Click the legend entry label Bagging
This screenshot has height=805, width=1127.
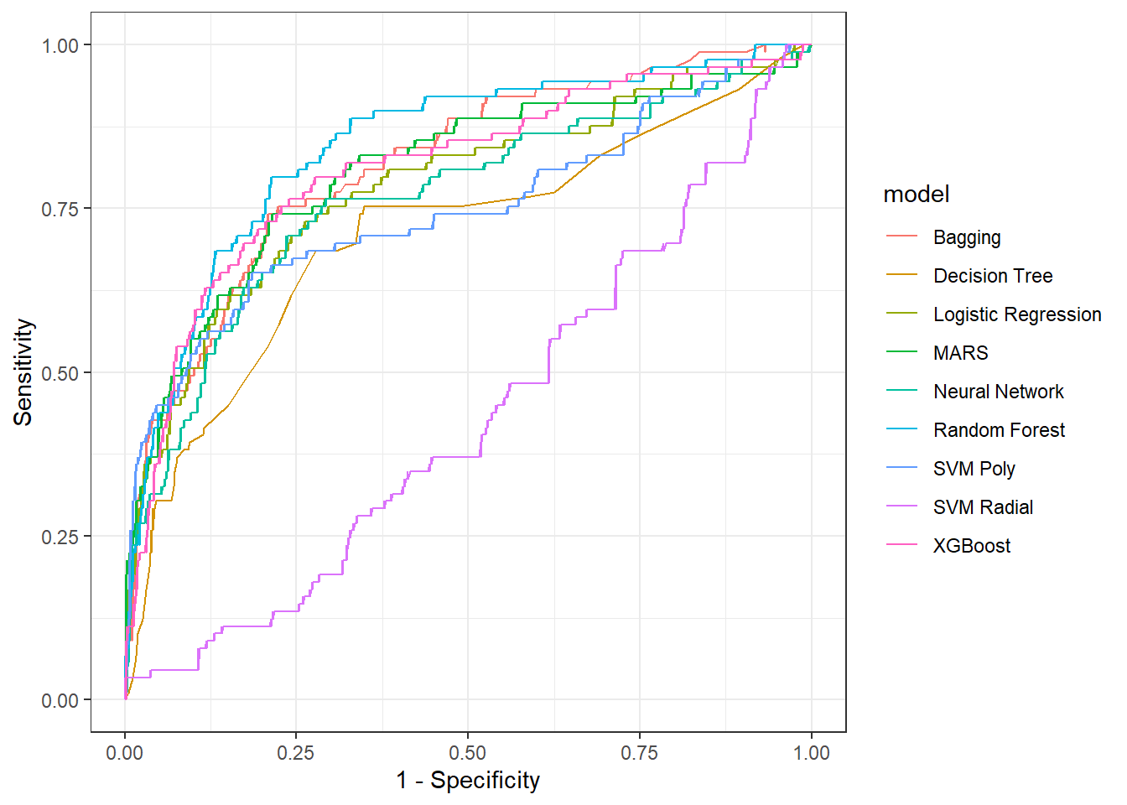pos(967,237)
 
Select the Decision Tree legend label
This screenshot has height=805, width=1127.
pos(993,276)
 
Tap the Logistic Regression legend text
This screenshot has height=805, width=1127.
pos(1017,314)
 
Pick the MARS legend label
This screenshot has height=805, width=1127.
pos(960,353)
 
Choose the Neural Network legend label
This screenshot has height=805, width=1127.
pos(998,392)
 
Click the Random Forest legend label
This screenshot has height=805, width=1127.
pos(999,430)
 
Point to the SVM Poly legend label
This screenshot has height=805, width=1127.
pos(974,469)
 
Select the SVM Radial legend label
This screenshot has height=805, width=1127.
pos(983,507)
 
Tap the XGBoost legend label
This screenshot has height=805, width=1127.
pos(972,546)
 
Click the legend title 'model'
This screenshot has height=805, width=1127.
pos(916,195)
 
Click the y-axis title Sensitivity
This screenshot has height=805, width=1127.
pos(23,372)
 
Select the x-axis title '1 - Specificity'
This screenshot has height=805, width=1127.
pos(468,781)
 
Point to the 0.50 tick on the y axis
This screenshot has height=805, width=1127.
pos(60,373)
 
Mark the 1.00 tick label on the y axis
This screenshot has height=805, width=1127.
pos(60,45)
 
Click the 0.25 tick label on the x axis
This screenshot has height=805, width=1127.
pos(296,753)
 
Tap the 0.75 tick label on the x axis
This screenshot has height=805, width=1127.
pos(640,753)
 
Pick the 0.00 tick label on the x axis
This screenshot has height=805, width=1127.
pos(125,753)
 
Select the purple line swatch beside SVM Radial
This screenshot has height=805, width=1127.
pos(901,507)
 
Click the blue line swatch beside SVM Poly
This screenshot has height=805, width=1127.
pos(901,469)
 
